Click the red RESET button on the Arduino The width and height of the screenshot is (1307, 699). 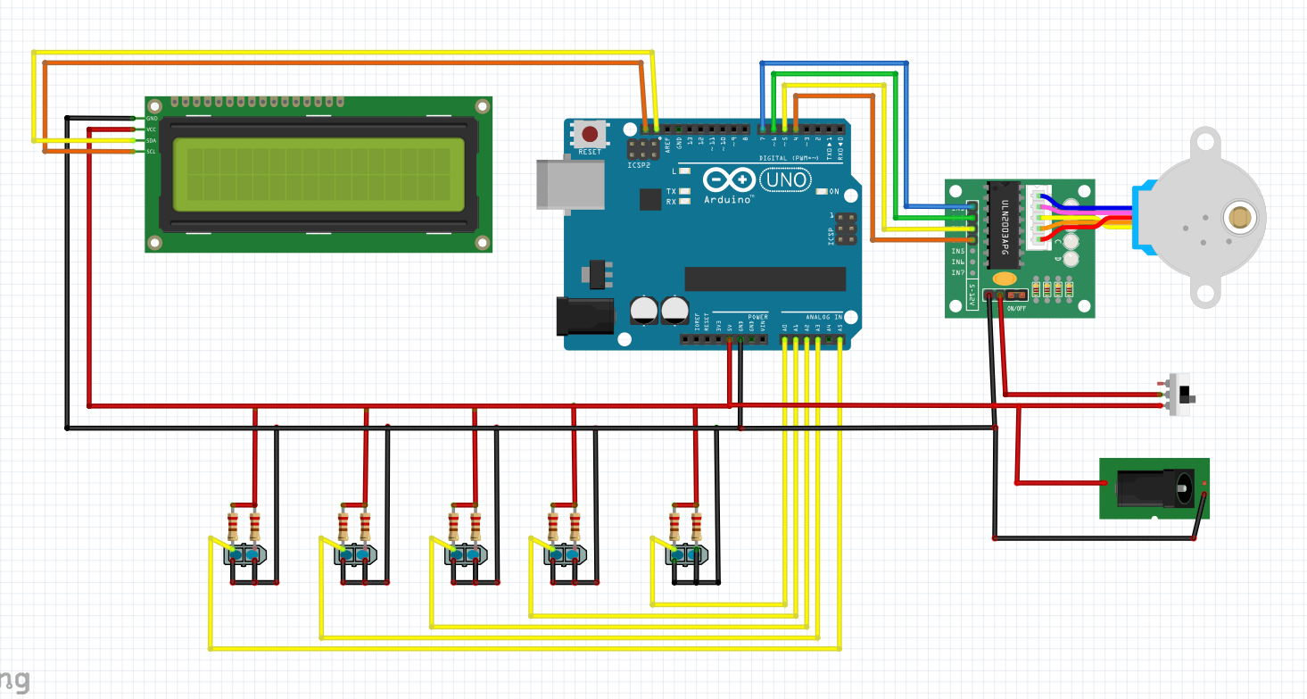point(590,135)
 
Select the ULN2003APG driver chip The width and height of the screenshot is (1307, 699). point(1004,224)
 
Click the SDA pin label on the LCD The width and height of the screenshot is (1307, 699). point(151,141)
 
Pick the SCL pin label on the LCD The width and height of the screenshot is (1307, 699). point(151,152)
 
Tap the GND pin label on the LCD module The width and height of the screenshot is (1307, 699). point(151,119)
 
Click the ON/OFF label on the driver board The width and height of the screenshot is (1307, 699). point(1015,309)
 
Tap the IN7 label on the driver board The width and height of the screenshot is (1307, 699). point(958,273)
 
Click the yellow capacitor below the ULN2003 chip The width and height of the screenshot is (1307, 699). point(1005,279)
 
